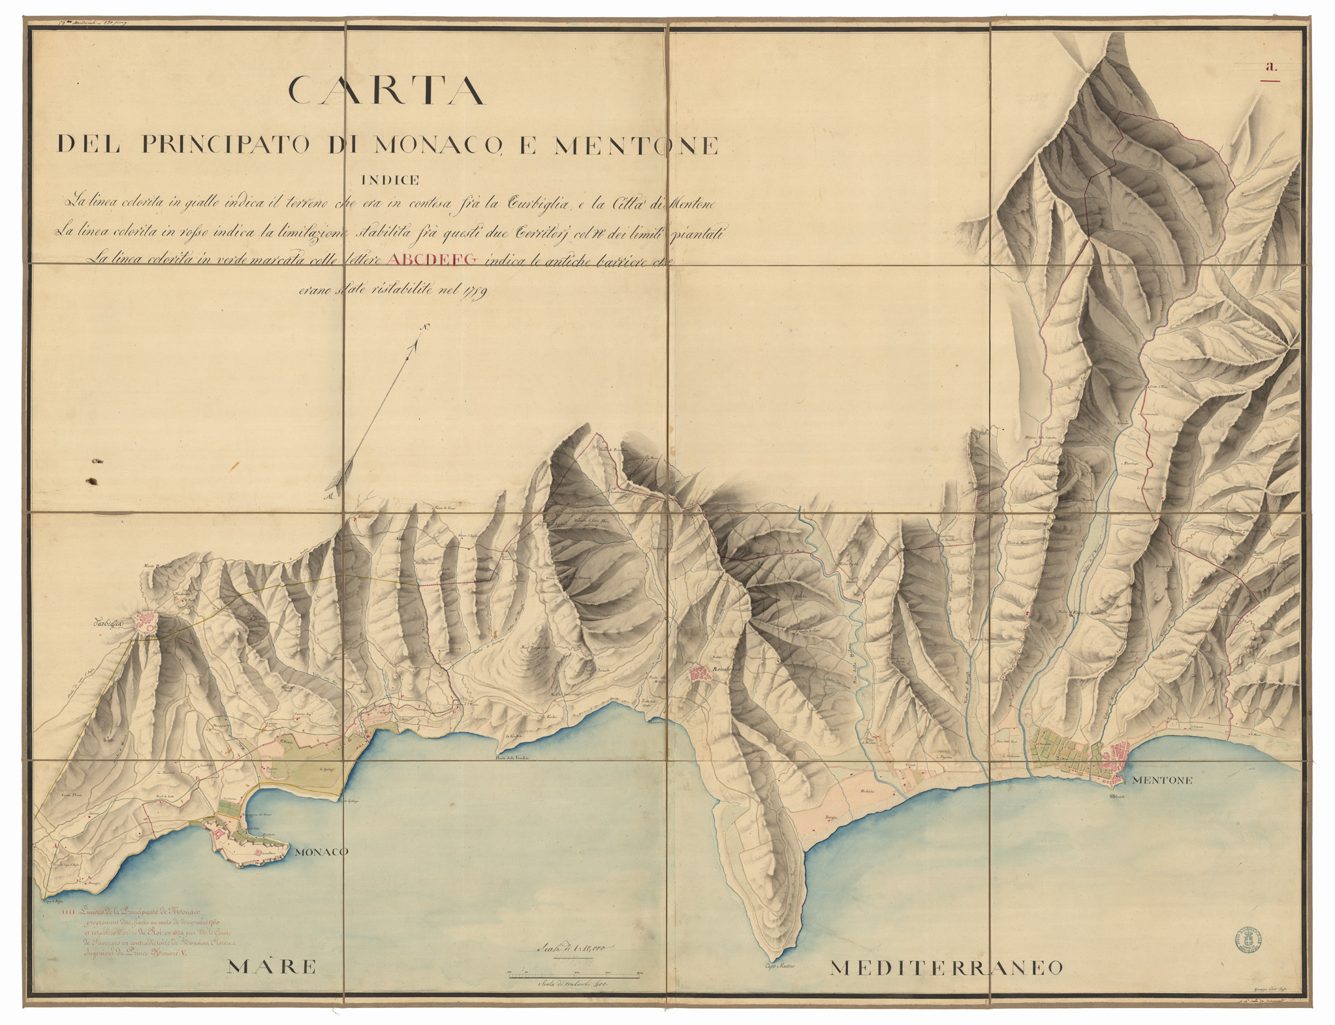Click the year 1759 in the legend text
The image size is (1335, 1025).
[x=479, y=290]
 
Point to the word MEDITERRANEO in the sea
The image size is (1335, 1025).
[x=946, y=968]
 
